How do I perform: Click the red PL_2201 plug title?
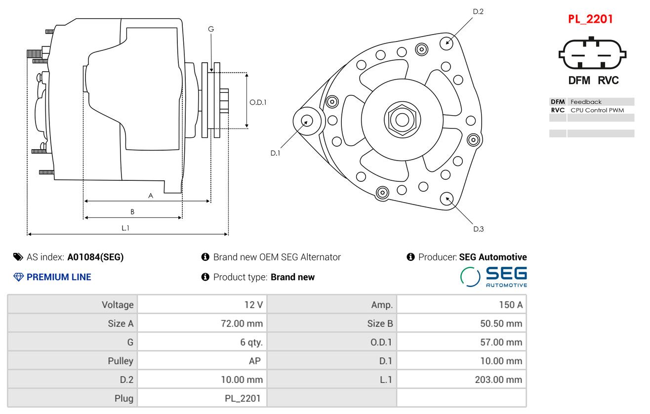pyautogui.click(x=590, y=19)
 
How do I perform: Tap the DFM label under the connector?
pyautogui.click(x=579, y=81)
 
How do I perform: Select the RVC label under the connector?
pyautogui.click(x=608, y=81)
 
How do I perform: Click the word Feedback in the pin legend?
pyautogui.click(x=586, y=102)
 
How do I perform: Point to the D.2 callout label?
pyautogui.click(x=478, y=11)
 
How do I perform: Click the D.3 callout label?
pyautogui.click(x=478, y=229)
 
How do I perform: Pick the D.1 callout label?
pyautogui.click(x=275, y=153)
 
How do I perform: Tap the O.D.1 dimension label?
pyautogui.click(x=258, y=103)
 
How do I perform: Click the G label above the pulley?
pyautogui.click(x=211, y=29)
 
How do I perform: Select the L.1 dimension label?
pyautogui.click(x=125, y=228)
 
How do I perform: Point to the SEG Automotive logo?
pyautogui.click(x=493, y=277)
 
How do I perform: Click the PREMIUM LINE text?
pyautogui.click(x=58, y=277)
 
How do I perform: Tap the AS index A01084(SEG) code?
pyautogui.click(x=95, y=257)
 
